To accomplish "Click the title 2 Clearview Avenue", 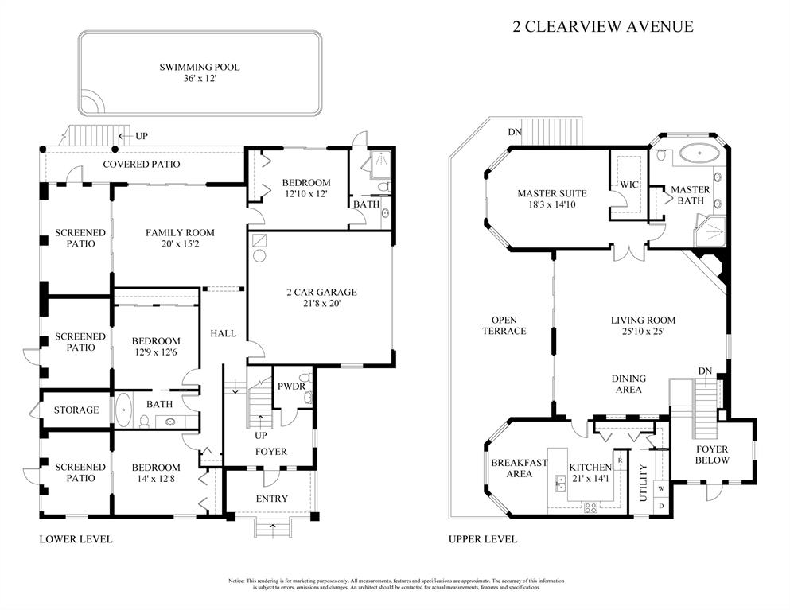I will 602,26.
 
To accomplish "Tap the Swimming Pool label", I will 199,68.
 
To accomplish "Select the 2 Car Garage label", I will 321,292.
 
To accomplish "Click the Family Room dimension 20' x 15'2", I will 180,245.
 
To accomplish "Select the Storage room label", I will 76,410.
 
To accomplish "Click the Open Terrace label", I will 504,325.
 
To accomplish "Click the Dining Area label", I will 628,384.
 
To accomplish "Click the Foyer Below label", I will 711,455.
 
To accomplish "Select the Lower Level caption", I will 76,539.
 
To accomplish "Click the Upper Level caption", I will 482,539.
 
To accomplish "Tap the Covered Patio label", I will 142,165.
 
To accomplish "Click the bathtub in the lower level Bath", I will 123,410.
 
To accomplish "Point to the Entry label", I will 272,499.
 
